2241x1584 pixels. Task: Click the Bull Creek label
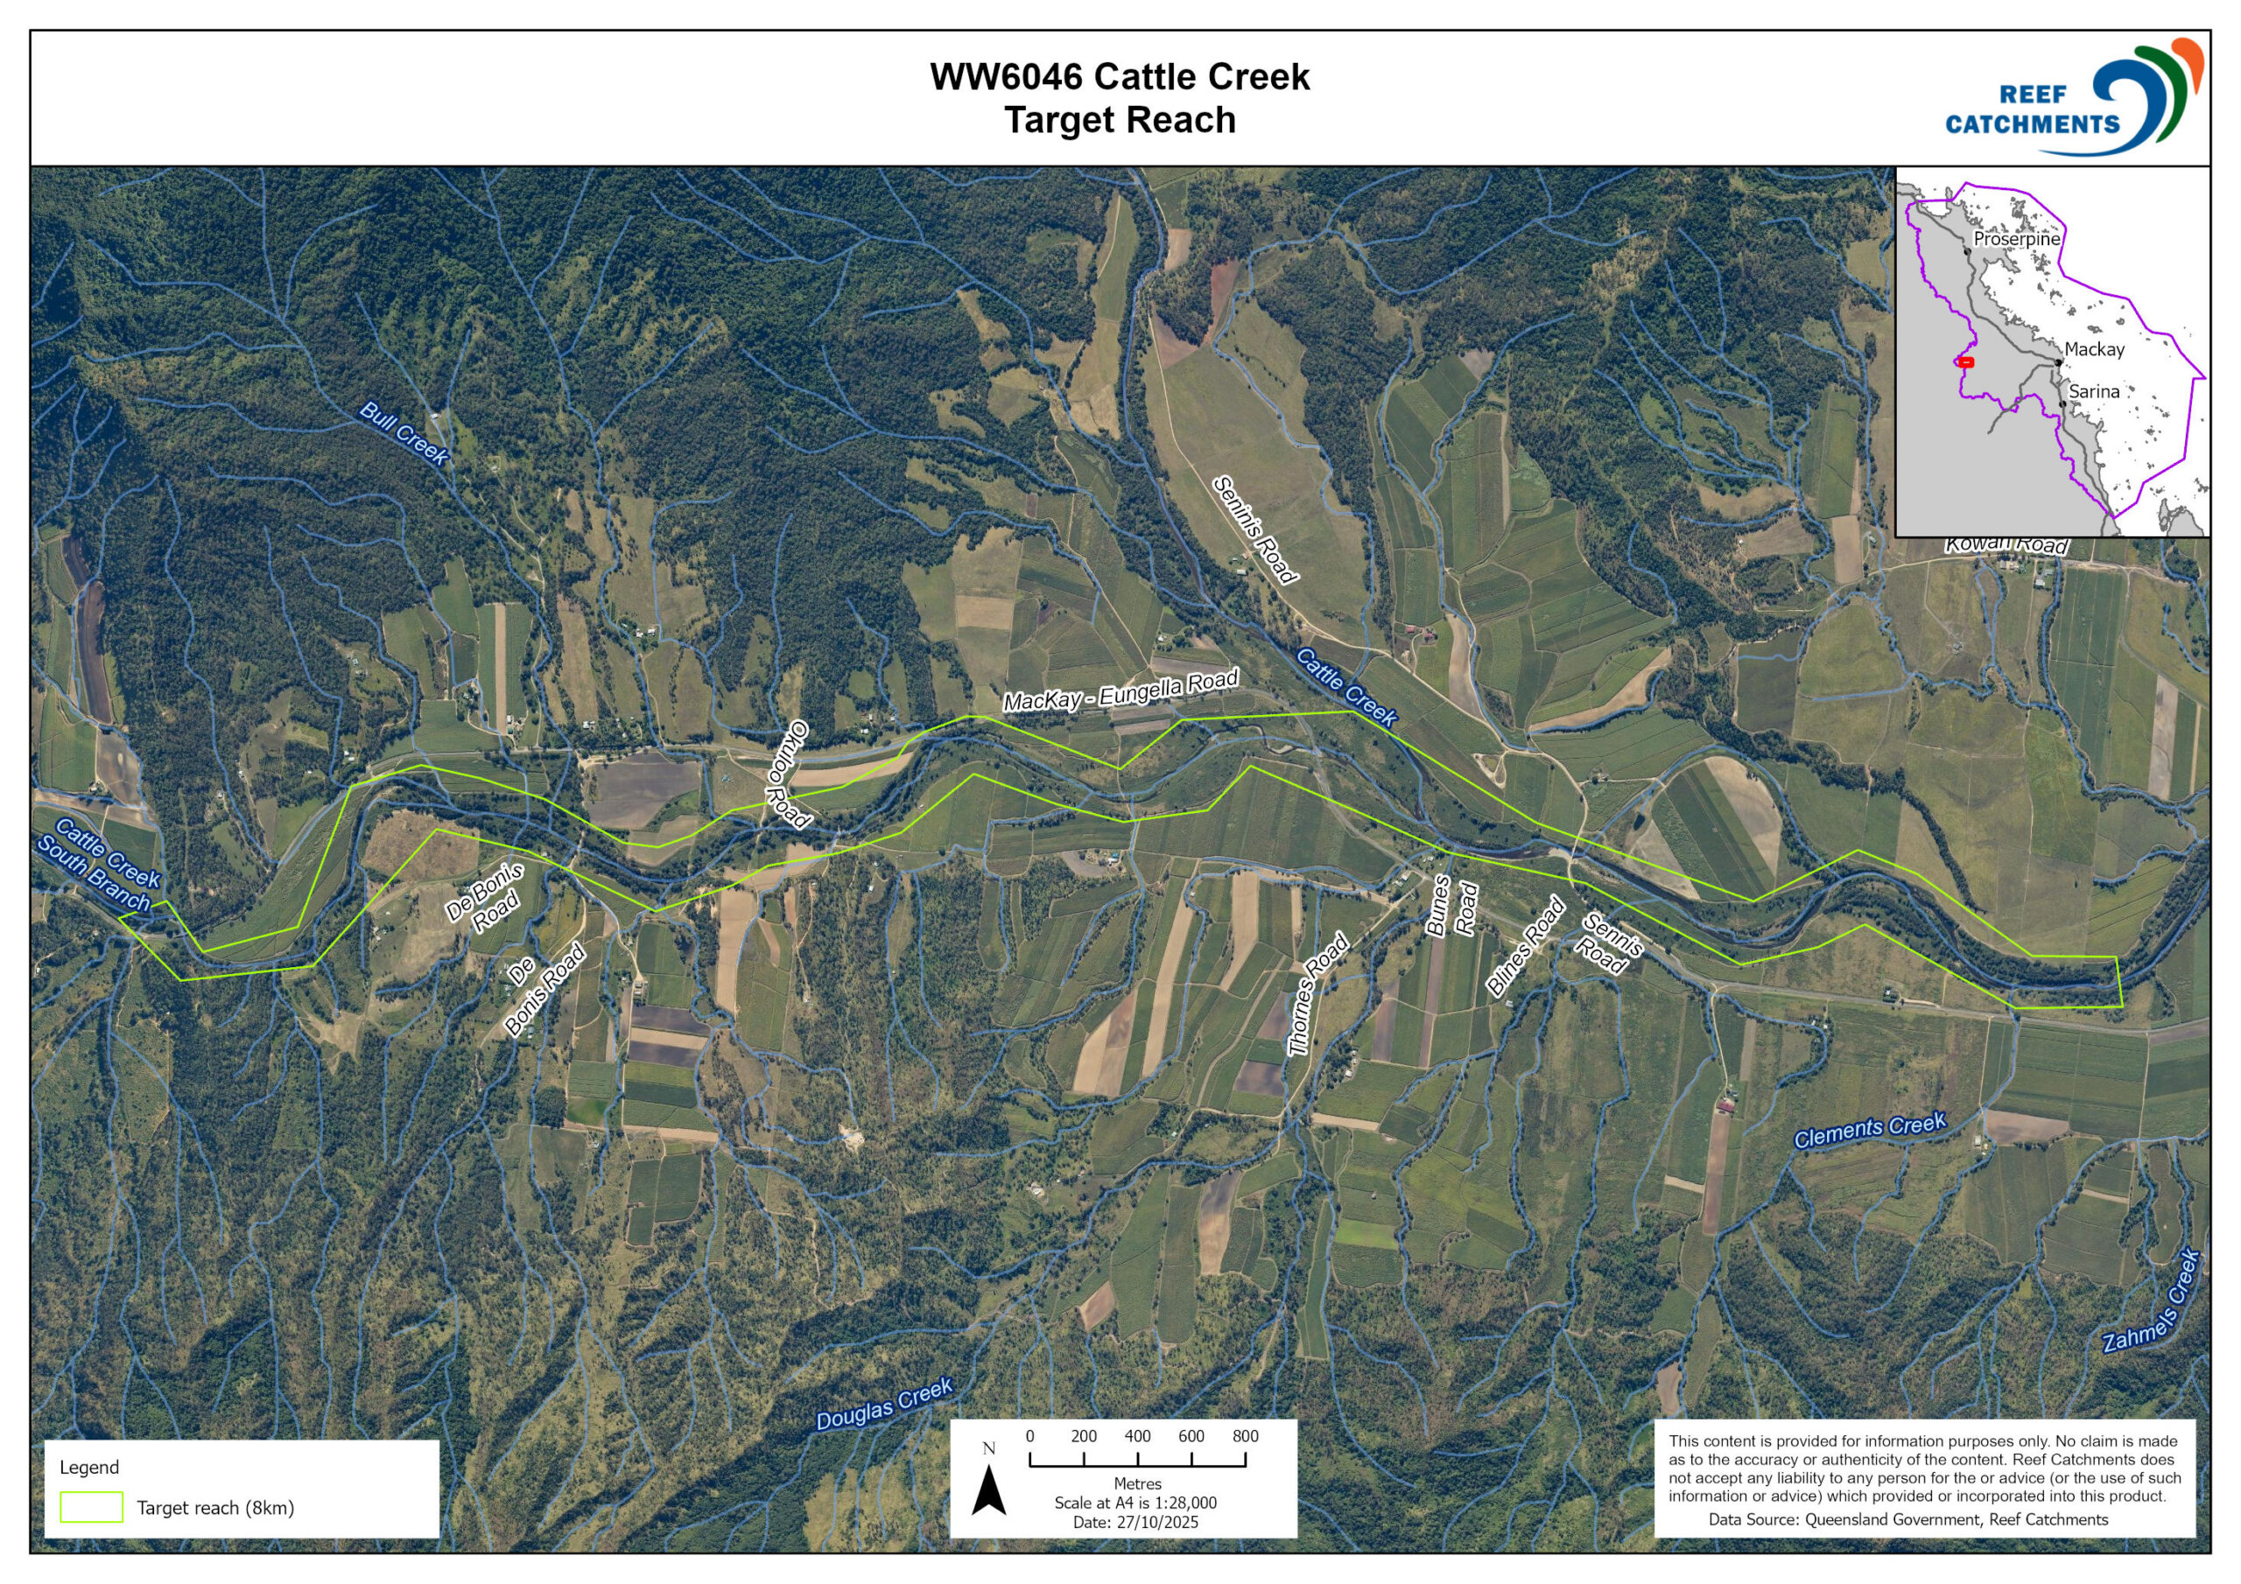pos(403,432)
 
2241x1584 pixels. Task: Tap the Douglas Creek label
pos(883,1404)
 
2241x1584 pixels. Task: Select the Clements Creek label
pos(1869,1130)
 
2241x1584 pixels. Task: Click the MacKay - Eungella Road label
pos(1120,690)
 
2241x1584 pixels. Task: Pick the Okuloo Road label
pos(788,774)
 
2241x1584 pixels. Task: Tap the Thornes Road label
pos(1317,993)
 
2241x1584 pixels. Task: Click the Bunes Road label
pos(1451,907)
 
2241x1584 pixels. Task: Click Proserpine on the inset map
pos(2015,239)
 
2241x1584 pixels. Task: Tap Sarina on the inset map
pos(2094,391)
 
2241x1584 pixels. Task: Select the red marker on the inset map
pos(1966,362)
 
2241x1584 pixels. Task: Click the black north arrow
pos(987,1489)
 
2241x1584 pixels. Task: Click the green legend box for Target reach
pos(91,1507)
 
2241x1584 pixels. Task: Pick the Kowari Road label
pos(2006,544)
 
